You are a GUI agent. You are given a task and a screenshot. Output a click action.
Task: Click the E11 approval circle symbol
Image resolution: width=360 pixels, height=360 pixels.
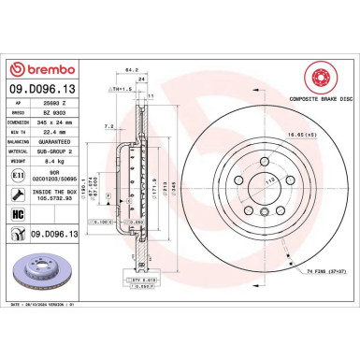point(17,174)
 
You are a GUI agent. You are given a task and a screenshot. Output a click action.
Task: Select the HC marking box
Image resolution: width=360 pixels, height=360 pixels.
point(17,214)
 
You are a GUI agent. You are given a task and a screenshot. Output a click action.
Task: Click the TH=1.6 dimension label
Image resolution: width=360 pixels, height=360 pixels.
point(122,88)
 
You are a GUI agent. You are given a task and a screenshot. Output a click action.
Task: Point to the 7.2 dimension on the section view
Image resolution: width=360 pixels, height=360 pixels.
point(110,124)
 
